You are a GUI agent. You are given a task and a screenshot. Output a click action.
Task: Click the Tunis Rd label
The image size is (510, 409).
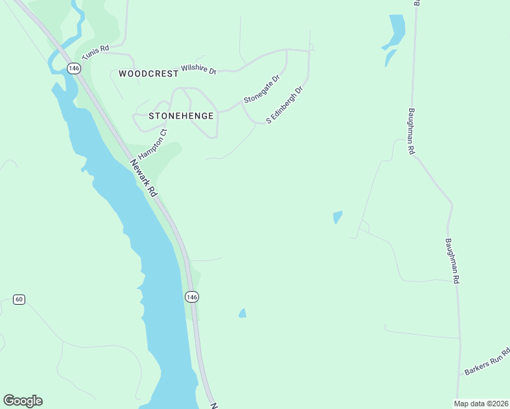tap(95, 52)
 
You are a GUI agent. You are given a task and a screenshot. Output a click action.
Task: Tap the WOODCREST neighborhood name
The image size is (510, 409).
tap(148, 73)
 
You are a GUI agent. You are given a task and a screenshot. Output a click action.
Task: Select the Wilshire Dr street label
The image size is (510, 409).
tap(198, 70)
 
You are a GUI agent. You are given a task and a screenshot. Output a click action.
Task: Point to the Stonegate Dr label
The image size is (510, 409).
tap(262, 90)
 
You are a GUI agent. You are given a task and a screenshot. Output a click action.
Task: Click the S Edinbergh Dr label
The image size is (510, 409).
tap(284, 104)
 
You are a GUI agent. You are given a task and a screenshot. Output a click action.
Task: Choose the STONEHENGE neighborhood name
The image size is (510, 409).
tap(176, 116)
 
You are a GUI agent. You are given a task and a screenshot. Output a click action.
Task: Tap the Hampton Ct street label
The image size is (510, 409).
tap(153, 141)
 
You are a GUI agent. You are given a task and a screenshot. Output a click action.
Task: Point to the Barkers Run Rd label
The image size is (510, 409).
tap(488, 361)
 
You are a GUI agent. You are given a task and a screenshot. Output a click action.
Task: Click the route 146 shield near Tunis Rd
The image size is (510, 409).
tap(74, 68)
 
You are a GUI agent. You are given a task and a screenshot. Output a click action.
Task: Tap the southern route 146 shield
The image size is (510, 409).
tap(192, 297)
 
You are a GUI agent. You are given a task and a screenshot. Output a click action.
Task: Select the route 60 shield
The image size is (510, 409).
tap(19, 299)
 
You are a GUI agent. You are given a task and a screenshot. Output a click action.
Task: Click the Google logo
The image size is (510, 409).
tap(22, 401)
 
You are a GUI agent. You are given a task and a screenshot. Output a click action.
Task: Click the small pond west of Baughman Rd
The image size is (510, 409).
tap(337, 217)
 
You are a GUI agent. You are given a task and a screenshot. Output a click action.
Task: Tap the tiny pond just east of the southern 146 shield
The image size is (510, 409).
tap(242, 313)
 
